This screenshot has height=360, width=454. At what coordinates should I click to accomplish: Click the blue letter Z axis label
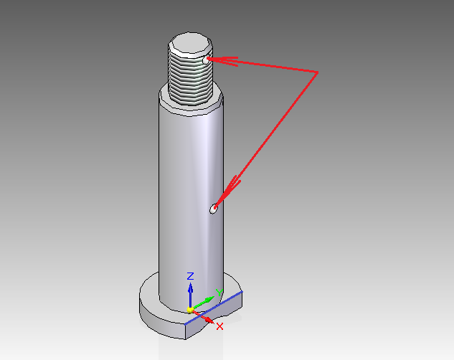coord(190,276)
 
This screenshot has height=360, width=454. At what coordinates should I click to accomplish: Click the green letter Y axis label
coord(219,293)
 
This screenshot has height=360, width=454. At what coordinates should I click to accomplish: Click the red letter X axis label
coord(219,326)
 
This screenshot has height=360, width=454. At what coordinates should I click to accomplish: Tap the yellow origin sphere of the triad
coord(190,311)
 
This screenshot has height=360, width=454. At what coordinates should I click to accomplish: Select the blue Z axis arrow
coord(190,295)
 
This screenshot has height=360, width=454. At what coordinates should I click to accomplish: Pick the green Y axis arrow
coord(204,303)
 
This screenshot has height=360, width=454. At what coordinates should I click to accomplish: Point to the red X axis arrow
coord(204,317)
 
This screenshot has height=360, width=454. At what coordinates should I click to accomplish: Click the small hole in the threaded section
coord(206,60)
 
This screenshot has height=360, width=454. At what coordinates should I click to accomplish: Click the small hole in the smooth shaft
coord(214,209)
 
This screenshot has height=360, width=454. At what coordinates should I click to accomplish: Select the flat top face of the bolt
coord(191,43)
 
